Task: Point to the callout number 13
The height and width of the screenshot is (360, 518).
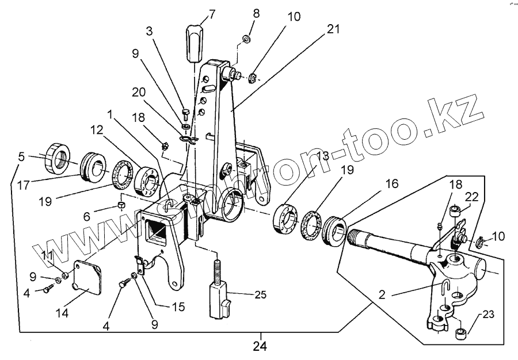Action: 323,157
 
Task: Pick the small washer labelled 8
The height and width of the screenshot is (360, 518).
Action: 245,39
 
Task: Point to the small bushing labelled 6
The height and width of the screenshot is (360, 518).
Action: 122,205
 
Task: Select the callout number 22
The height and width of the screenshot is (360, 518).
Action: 471,197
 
